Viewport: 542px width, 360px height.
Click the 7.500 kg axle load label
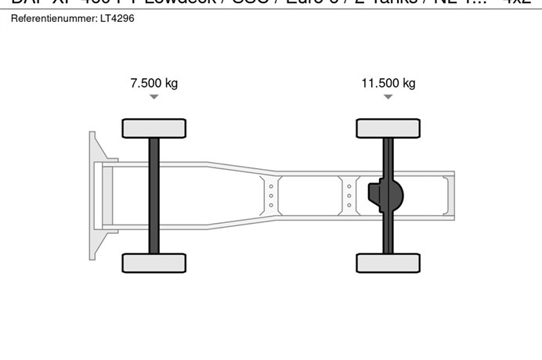pos(154,83)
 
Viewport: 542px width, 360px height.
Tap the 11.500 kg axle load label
pos(388,83)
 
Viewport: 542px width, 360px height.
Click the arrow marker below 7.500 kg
pos(154,97)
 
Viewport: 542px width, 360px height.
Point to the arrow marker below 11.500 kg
pos(388,97)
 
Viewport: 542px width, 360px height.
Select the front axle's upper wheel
pos(154,128)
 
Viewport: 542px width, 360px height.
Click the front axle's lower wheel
pos(154,263)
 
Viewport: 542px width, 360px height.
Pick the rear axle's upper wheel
pos(388,128)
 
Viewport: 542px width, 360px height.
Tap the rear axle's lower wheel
pos(388,263)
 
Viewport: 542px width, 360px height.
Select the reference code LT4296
pos(118,18)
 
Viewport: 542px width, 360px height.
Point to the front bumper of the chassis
pos(95,196)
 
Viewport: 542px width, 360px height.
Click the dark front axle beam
pos(154,196)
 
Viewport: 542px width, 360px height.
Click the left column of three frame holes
pos(271,195)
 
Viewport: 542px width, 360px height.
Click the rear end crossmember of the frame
pos(450,195)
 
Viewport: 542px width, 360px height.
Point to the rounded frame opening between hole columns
pos(310,195)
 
